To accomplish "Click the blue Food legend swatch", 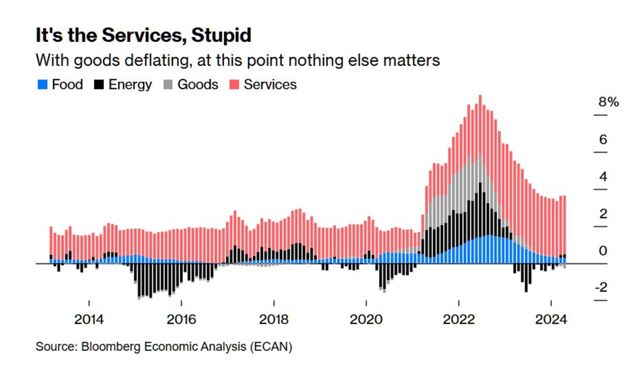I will [43, 85].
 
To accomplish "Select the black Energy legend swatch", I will [100, 85].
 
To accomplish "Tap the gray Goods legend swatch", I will [168, 85].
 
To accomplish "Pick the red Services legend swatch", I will [234, 85].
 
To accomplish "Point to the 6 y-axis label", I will [603, 139].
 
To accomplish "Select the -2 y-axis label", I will [601, 287].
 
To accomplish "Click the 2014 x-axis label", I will [89, 320].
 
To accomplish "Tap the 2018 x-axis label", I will [274, 320].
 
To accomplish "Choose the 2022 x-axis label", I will [458, 320].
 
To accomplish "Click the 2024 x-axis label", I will [551, 320].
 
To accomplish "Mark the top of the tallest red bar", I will [480, 96].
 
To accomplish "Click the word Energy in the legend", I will [130, 85].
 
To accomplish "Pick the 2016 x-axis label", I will [182, 320].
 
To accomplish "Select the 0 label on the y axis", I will [603, 251].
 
